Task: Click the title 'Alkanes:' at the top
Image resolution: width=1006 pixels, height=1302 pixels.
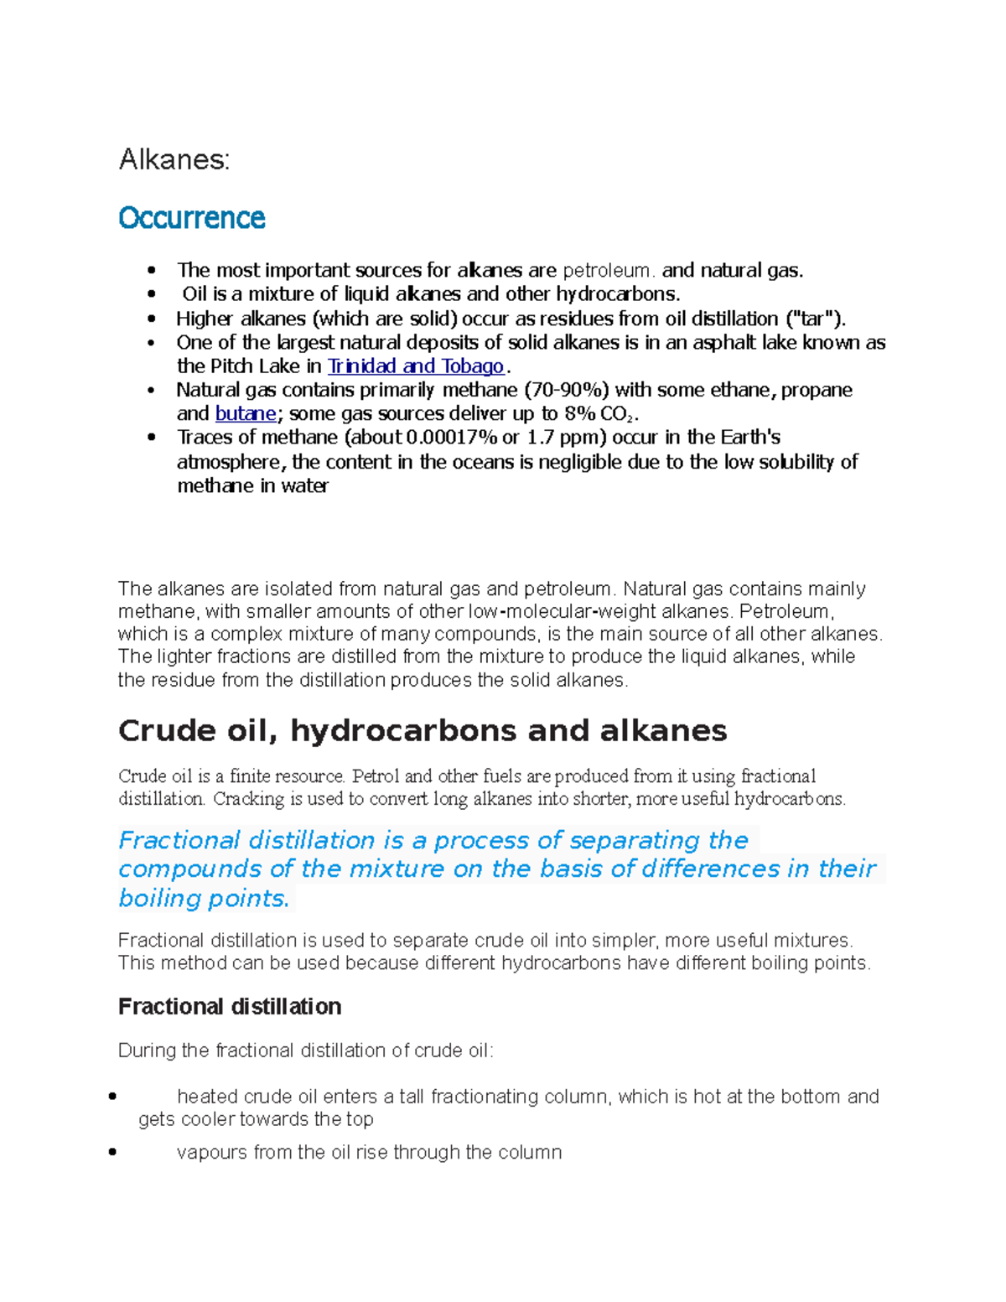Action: click(x=174, y=159)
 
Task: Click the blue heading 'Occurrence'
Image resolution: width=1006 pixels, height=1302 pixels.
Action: click(x=191, y=218)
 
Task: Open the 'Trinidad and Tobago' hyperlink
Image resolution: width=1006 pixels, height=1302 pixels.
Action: click(x=416, y=366)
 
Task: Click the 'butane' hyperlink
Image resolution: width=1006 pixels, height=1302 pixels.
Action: click(x=245, y=413)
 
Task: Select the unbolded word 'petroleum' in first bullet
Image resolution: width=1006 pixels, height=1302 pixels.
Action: click(x=605, y=271)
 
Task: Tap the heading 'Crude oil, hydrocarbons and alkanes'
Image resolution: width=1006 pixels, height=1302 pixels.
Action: click(x=423, y=730)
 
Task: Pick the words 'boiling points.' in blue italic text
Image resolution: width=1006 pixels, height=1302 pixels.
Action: click(x=204, y=898)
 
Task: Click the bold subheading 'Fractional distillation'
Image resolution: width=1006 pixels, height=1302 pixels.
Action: click(x=230, y=1006)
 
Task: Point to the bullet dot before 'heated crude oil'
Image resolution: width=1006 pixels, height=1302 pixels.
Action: click(x=112, y=1097)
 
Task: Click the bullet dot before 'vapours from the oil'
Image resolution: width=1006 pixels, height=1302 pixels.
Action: click(x=112, y=1153)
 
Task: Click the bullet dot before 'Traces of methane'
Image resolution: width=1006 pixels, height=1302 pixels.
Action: click(x=151, y=438)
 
